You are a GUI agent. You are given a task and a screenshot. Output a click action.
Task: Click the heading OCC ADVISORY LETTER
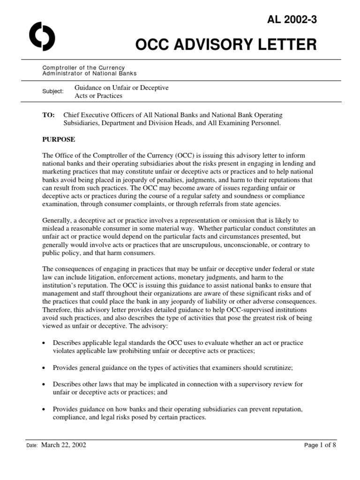[x=226, y=45]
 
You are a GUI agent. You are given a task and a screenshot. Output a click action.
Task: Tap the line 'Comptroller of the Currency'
[x=83, y=68]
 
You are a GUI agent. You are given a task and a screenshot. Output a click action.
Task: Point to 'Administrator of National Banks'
[x=90, y=74]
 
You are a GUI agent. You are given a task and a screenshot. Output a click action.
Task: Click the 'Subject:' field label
[x=52, y=91]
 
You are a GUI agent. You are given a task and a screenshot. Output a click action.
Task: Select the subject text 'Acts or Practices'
[x=98, y=96]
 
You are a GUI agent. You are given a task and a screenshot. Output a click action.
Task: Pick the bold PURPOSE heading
[x=59, y=139]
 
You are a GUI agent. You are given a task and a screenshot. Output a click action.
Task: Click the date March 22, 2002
[x=64, y=445]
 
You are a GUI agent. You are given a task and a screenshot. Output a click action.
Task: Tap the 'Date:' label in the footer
[x=32, y=446]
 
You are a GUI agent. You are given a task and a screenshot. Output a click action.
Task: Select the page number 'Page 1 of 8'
[x=320, y=445]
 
